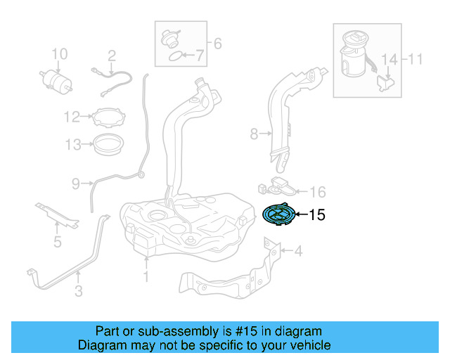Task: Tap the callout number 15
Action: pyautogui.click(x=317, y=215)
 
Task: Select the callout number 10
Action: pyautogui.click(x=59, y=53)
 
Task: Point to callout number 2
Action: pyautogui.click(x=110, y=55)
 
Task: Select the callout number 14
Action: pyautogui.click(x=389, y=59)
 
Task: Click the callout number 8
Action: pyautogui.click(x=255, y=131)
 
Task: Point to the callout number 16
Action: pyautogui.click(x=318, y=191)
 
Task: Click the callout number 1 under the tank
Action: pyautogui.click(x=146, y=277)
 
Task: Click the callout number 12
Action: pyautogui.click(x=72, y=116)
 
